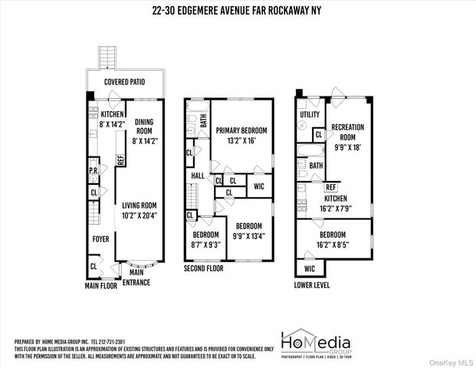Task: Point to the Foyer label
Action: pyautogui.click(x=100, y=238)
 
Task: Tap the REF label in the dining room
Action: pyautogui.click(x=120, y=160)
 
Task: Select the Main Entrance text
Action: pyautogui.click(x=139, y=278)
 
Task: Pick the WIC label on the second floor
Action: pyautogui.click(x=258, y=185)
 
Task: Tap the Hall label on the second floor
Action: pyautogui.click(x=198, y=176)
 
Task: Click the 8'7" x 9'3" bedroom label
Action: pyautogui.click(x=206, y=240)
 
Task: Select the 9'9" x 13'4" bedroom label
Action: pyautogui.click(x=249, y=231)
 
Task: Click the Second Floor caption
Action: pyautogui.click(x=204, y=269)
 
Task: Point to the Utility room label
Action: pyautogui.click(x=310, y=114)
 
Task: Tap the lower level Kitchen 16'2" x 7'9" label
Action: pyautogui.click(x=336, y=202)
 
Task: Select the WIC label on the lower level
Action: pyautogui.click(x=310, y=269)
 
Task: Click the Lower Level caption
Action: pyautogui.click(x=313, y=285)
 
